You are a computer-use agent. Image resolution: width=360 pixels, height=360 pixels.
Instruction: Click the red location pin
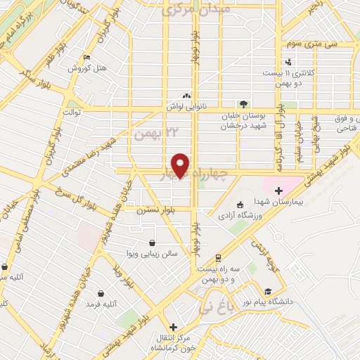[x=181, y=165]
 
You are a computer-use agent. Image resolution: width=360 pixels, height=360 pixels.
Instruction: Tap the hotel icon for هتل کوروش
[x=86, y=58]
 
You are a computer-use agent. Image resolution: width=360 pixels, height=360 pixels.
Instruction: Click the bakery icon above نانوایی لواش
[x=186, y=96]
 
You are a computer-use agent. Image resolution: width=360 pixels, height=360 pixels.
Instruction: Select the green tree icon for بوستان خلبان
[x=243, y=103]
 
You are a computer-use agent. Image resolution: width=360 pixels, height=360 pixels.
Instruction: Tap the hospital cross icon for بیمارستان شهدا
[x=278, y=190]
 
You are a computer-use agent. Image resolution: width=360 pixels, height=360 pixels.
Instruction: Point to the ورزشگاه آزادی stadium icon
[x=240, y=205]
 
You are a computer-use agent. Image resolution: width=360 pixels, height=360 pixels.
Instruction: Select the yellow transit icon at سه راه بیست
[x=219, y=257]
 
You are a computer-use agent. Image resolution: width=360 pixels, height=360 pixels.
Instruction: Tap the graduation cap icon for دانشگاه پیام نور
[x=267, y=292]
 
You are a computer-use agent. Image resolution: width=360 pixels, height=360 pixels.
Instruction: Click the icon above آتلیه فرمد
[x=101, y=294]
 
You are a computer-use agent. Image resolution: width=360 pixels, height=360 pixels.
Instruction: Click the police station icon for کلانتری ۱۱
[x=288, y=62]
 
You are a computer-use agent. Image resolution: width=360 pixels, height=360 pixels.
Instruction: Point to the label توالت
[x=72, y=112]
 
